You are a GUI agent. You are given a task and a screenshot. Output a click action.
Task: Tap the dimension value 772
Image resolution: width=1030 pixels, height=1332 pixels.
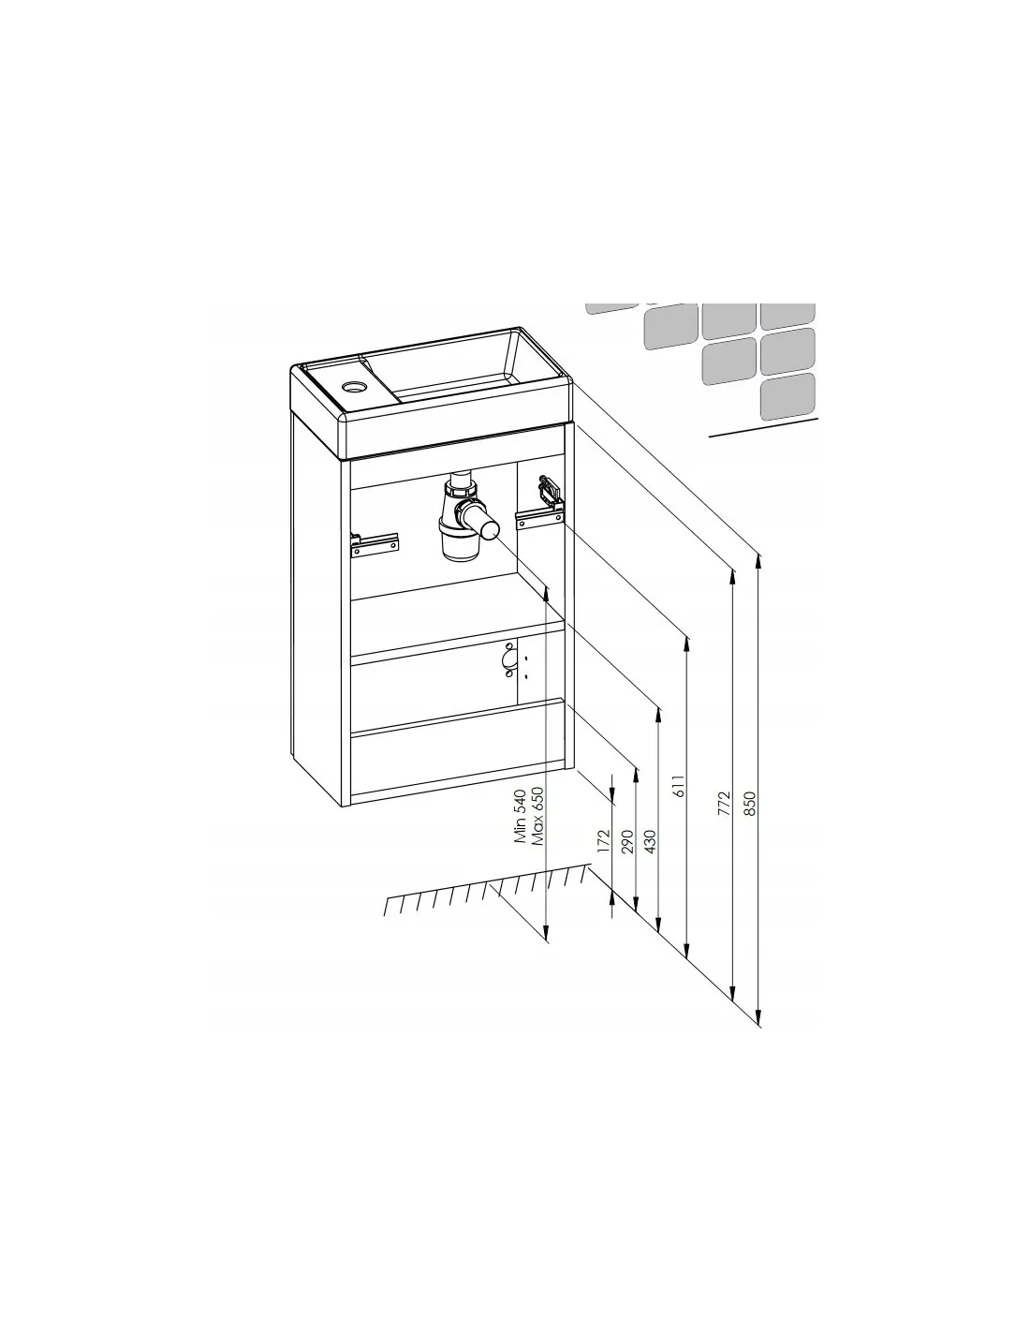(x=724, y=804)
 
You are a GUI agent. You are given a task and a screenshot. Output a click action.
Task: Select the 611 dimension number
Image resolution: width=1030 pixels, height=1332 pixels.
(x=678, y=786)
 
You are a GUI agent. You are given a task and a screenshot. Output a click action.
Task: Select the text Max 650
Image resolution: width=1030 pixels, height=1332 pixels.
(x=537, y=816)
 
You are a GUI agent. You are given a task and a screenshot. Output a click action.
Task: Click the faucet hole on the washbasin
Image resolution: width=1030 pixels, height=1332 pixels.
(x=354, y=387)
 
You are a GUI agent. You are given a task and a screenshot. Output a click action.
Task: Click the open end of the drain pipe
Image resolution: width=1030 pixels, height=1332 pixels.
(x=490, y=529)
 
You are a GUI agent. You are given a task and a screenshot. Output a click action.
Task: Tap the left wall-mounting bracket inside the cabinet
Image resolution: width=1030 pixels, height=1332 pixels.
(x=374, y=544)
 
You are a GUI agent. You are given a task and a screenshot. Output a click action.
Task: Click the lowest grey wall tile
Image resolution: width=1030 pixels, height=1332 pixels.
(x=788, y=396)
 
